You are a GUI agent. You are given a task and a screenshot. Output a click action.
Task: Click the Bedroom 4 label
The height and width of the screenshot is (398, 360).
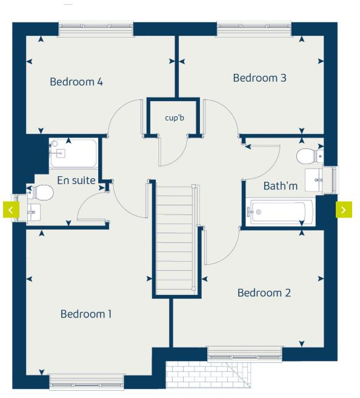point(76,82)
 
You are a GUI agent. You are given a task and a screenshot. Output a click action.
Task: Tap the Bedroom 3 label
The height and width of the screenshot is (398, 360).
point(259,78)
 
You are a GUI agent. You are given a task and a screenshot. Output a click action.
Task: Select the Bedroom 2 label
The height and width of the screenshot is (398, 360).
point(264,293)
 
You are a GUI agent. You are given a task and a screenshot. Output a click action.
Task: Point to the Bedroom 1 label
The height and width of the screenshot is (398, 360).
point(86,314)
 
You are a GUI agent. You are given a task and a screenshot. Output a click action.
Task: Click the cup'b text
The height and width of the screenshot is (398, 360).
point(174,118)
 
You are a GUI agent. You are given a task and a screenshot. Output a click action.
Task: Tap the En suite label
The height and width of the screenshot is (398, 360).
point(76,180)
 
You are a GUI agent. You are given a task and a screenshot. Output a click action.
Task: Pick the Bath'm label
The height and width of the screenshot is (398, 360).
point(280,186)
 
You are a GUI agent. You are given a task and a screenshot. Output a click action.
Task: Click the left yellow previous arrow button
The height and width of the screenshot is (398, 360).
point(11,210)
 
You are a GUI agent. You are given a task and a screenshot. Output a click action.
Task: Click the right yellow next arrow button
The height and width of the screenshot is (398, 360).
point(343,210)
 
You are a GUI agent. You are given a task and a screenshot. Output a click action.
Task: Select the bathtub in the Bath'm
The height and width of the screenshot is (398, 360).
point(280,212)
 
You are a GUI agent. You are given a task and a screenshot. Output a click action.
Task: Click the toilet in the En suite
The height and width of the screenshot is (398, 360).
point(41,193)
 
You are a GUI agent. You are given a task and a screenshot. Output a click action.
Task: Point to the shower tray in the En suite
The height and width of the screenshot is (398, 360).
point(73,154)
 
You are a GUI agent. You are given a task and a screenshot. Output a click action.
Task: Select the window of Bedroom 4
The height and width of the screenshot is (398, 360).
point(96,28)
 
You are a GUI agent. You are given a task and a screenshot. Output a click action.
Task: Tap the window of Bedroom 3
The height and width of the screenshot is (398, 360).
point(254,28)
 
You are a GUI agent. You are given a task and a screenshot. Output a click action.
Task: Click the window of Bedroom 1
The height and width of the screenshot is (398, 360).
point(87,382)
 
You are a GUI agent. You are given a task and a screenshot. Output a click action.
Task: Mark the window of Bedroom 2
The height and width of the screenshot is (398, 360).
point(245,353)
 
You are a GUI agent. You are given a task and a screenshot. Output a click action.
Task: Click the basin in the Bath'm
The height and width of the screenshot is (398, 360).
point(316,179)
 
